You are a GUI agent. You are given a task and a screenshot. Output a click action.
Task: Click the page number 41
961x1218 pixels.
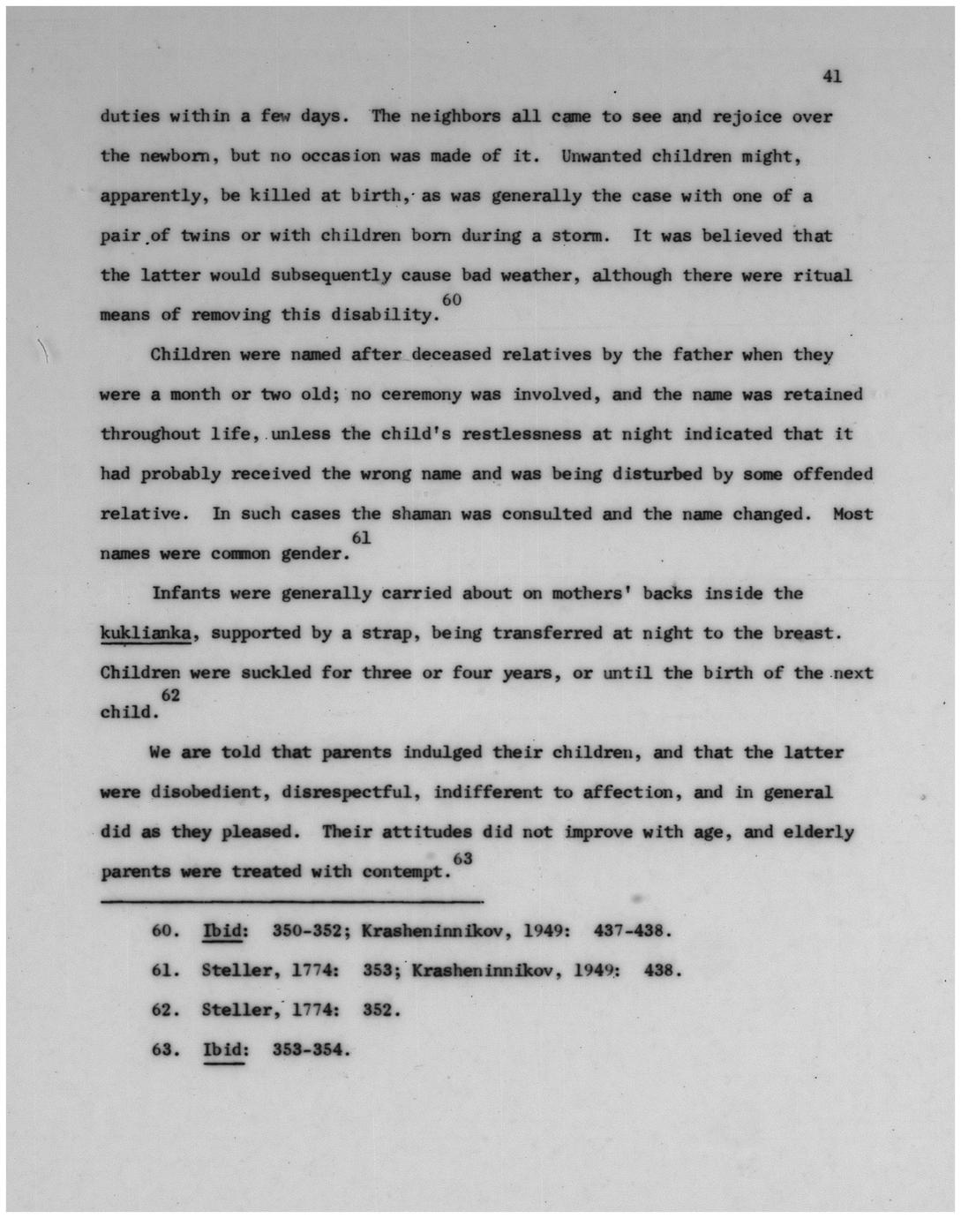(x=831, y=77)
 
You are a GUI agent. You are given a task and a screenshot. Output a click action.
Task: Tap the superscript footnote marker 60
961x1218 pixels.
(x=451, y=301)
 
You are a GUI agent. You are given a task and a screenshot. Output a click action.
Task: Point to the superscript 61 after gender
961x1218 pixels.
(x=361, y=538)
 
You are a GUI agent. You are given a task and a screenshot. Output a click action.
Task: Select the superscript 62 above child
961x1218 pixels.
(x=170, y=695)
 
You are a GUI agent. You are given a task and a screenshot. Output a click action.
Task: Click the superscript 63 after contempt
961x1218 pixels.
(x=462, y=858)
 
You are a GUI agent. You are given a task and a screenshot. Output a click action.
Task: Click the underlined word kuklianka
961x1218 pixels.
(x=146, y=633)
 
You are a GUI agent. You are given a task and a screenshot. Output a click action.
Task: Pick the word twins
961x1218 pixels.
(x=206, y=236)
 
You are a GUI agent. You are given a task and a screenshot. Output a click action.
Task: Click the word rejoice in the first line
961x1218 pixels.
(x=746, y=117)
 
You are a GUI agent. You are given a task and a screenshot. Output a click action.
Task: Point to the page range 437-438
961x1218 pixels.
(x=634, y=930)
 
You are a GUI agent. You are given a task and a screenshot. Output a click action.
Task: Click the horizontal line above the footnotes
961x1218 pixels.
(x=291, y=901)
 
